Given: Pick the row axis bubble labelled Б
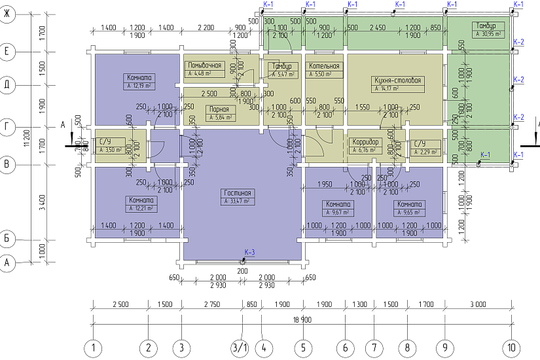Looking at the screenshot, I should (8, 238).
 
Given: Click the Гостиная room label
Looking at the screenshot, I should (238, 193).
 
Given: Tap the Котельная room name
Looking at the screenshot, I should (324, 66).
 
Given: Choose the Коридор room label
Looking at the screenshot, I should (365, 142).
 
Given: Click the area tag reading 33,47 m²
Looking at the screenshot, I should (238, 202).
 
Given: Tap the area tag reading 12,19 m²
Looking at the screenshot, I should (139, 86).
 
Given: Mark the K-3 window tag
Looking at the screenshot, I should (249, 252).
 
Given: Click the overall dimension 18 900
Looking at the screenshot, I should (302, 319).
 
